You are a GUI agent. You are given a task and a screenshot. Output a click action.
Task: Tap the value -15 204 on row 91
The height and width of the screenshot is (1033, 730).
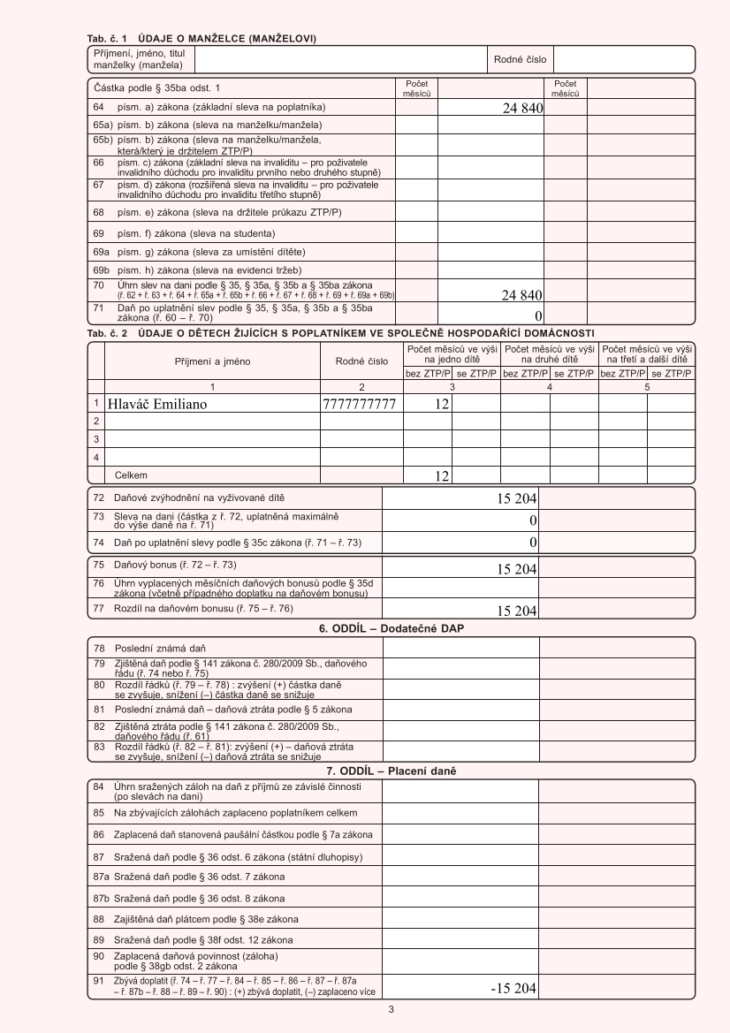[x=513, y=988]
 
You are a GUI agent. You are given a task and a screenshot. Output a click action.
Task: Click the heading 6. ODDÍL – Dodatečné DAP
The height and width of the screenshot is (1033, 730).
[x=392, y=628]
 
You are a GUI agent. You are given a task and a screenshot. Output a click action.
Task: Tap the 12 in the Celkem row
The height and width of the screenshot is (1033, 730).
[x=442, y=476]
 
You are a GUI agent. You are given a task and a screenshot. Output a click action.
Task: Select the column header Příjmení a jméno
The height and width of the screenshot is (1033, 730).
[x=212, y=361]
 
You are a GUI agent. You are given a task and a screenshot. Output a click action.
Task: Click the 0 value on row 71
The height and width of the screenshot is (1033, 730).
[x=537, y=315]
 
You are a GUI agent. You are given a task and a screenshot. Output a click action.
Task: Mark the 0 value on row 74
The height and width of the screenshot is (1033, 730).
[x=533, y=541]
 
